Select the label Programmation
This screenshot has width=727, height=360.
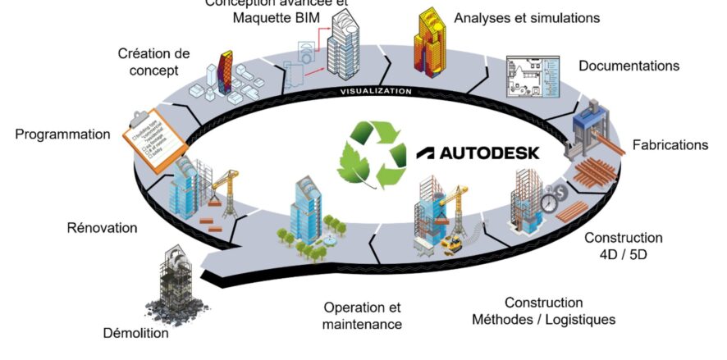62,134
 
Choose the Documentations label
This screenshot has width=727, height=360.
629,66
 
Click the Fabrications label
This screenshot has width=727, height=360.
670,145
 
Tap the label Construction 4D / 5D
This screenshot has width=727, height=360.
623,246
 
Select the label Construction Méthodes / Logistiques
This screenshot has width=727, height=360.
543,311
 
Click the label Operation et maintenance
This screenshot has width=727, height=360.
363,316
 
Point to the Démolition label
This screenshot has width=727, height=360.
136,333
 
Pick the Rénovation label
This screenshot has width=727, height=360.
102,227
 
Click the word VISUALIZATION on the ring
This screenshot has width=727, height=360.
376,91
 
